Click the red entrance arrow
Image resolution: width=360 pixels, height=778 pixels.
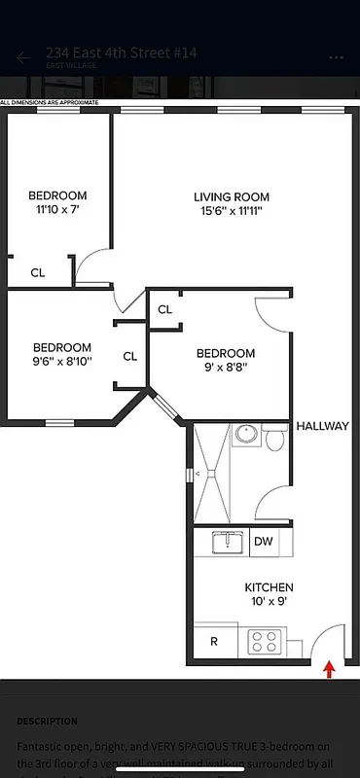click(329, 669)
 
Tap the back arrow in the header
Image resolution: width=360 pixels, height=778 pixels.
click(23, 57)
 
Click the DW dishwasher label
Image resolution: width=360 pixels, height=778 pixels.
click(263, 542)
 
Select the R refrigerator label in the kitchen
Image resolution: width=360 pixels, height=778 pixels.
click(214, 642)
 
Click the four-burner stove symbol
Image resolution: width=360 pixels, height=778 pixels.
click(264, 641)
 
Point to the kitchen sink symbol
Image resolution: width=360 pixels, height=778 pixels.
click(227, 541)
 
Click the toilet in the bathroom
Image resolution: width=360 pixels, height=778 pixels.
click(274, 441)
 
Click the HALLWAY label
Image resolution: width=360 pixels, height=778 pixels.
click(322, 426)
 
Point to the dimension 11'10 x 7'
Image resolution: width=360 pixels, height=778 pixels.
click(57, 209)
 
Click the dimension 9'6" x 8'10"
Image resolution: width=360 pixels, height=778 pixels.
click(62, 362)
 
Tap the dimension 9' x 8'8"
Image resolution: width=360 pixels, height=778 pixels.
click(226, 368)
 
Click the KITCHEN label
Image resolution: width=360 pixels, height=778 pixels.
click(268, 587)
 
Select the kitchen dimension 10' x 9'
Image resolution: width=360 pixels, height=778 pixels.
click(268, 602)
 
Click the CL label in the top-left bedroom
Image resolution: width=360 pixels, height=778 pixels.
click(37, 273)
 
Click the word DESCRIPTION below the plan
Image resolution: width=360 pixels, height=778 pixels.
click(47, 722)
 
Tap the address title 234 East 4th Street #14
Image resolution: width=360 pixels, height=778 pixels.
click(121, 53)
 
